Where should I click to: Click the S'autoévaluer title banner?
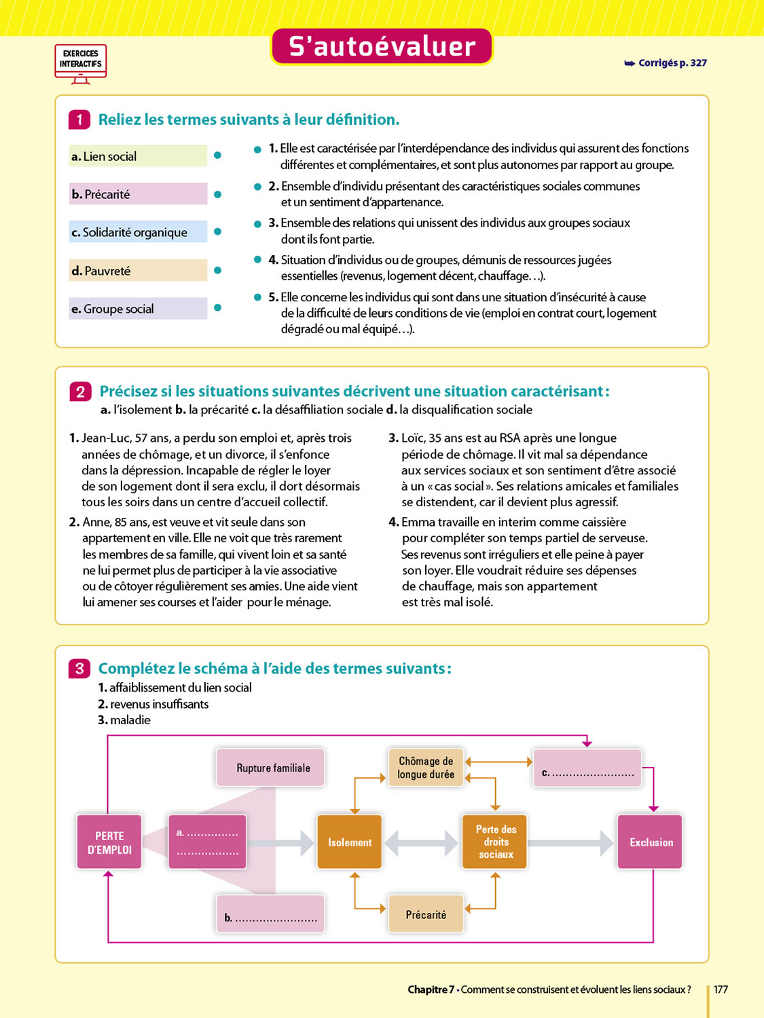[x=382, y=47]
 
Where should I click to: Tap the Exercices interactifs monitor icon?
[x=80, y=64]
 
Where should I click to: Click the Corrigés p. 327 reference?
[x=666, y=63]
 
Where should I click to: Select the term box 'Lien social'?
[x=138, y=156]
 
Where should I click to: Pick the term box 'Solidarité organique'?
[x=138, y=232]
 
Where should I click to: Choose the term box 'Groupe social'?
[x=138, y=309]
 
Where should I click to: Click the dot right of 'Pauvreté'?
[x=217, y=270]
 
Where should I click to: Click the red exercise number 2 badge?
[x=80, y=392]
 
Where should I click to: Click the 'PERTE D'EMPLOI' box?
[x=109, y=842]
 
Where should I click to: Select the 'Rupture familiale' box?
[x=271, y=768]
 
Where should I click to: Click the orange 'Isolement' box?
[x=350, y=842]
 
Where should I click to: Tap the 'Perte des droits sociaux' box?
[x=495, y=842]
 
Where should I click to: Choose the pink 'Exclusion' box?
[x=651, y=842]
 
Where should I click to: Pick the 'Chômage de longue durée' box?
[x=426, y=768]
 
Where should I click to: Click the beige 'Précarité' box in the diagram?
[x=426, y=915]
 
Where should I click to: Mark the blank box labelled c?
[x=587, y=768]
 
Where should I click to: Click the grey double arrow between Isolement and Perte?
[x=422, y=844]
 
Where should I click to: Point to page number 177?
[x=721, y=989]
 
